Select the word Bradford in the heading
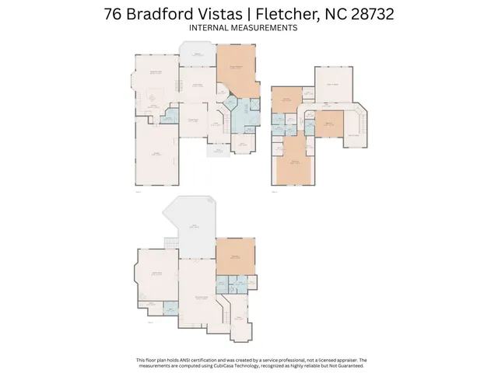coord(160,14)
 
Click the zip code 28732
coord(372,14)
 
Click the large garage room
coord(156,155)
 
